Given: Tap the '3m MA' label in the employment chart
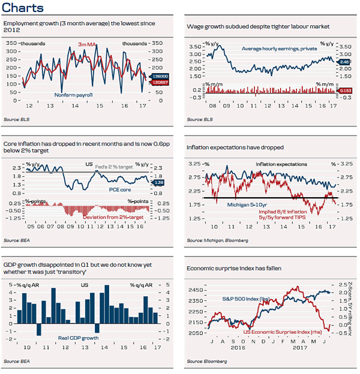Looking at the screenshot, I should point(88,45).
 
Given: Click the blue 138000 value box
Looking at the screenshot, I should point(158,77).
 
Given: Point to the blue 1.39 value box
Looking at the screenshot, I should point(159,182).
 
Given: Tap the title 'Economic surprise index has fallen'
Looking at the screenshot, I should point(236,269).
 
